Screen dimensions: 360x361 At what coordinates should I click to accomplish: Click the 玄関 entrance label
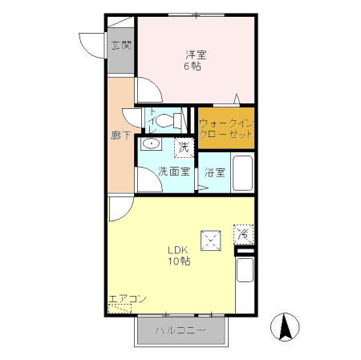pos(121,46)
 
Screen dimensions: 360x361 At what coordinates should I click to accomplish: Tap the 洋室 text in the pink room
pos(197,55)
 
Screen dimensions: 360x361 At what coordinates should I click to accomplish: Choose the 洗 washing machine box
pos(184,147)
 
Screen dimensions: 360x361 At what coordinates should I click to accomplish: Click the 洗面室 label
pos(173,172)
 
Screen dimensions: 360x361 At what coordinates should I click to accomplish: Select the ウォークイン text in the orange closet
pos(225,123)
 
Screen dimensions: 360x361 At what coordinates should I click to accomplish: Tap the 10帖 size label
pos(179,261)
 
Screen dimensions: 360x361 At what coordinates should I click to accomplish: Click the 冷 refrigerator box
pos(243,233)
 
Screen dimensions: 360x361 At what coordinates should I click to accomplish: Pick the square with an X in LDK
pos(212,238)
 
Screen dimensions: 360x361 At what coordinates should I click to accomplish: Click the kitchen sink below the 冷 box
pos(245,272)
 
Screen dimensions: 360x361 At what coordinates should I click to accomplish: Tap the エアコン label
pos(128,299)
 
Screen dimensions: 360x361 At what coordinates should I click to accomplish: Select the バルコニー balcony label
pos(180,330)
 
